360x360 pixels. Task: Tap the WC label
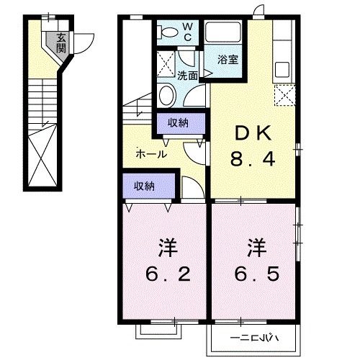pyautogui.click(x=186, y=31)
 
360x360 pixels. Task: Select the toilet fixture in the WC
pyautogui.click(x=168, y=32)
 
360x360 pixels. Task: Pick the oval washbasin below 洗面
pyautogui.click(x=166, y=95)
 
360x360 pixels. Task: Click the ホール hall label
pyautogui.click(x=151, y=154)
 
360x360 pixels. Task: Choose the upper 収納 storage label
pyautogui.click(x=179, y=123)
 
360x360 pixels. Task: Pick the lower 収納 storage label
pyautogui.click(x=144, y=186)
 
